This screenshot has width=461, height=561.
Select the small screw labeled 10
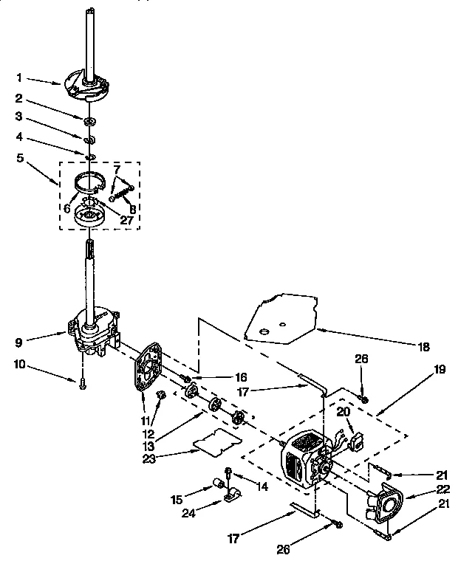click(82, 383)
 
